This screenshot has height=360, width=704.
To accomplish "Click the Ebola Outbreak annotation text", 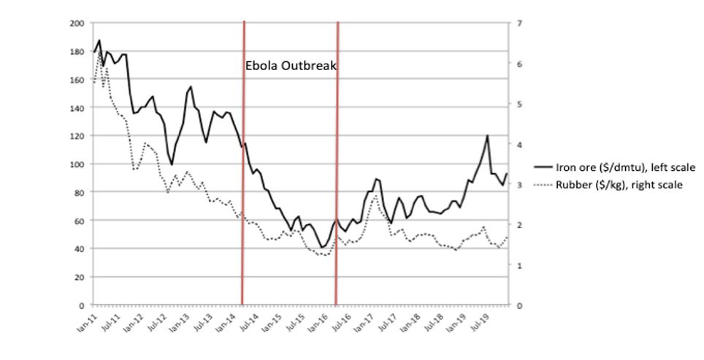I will click(291, 65).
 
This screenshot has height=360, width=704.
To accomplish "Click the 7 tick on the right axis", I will click(519, 23).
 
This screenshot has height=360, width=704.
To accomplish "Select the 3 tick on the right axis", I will click(519, 185).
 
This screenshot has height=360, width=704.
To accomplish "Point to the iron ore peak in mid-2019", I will click(487, 136).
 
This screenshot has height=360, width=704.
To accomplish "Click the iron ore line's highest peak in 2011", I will click(99, 41).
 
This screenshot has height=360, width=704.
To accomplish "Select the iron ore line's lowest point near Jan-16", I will click(322, 248).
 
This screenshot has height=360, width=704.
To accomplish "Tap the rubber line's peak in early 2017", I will click(375, 196).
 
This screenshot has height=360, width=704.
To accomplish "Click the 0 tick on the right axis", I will click(519, 305).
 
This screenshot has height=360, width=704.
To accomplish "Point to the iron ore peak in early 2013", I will click(191, 87).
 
